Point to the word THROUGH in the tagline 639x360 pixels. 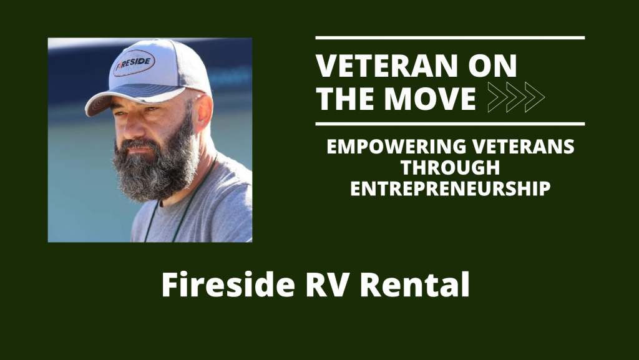(x=449, y=168)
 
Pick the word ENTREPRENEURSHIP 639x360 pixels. (x=450, y=188)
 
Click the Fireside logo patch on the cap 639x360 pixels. (x=134, y=64)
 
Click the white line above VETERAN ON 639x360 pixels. (x=450, y=38)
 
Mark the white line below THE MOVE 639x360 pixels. (x=450, y=124)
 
